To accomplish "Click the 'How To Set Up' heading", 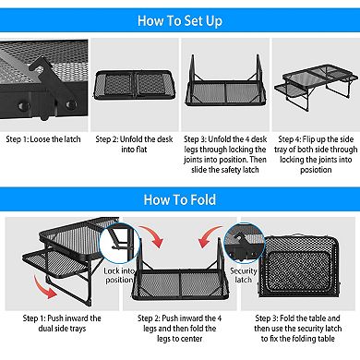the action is click(180, 21).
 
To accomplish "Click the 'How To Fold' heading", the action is click(180, 199).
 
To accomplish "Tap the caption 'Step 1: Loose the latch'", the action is click(43, 139).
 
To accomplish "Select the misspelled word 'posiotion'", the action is click(316, 170).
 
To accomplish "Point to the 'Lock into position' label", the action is click(119, 275).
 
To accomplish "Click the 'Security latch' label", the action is click(243, 275).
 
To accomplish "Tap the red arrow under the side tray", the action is click(44, 287).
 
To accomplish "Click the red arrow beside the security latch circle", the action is click(210, 236).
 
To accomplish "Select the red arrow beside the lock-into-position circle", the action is click(151, 236).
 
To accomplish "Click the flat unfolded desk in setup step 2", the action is click(135, 85).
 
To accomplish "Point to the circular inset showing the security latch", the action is click(244, 243).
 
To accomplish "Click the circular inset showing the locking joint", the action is click(120, 243).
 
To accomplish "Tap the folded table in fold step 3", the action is click(298, 267).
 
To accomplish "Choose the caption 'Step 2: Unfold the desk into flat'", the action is click(134, 144).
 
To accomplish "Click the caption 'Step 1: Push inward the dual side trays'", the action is click(62, 323).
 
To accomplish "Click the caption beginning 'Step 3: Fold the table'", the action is click(298, 329).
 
